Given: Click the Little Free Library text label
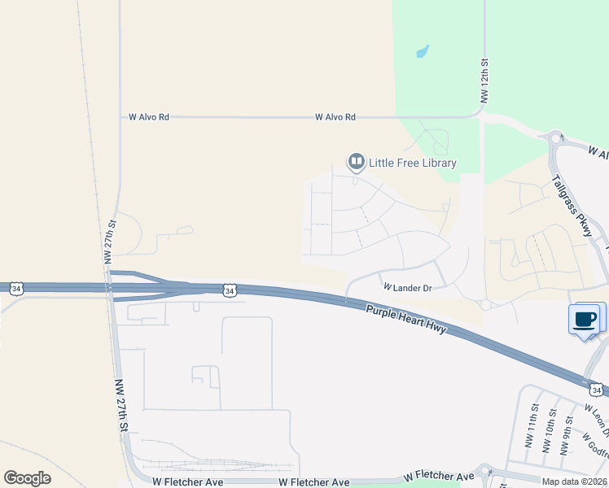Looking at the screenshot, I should [413, 163].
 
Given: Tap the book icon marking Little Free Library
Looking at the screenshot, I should [356, 162].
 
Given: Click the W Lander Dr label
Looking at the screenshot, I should [407, 287].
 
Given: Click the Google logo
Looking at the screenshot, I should [27, 478].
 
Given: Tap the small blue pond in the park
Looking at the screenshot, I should [422, 52].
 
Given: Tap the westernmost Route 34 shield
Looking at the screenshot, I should [16, 288].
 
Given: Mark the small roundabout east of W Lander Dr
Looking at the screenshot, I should [485, 305].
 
